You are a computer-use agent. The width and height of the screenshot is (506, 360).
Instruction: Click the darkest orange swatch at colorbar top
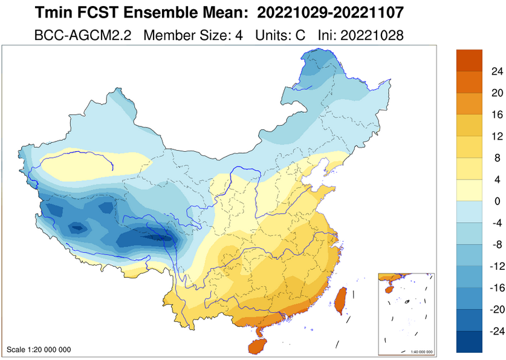pyautogui.click(x=469, y=60)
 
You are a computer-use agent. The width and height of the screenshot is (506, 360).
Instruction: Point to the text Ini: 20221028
pyautogui.click(x=360, y=35)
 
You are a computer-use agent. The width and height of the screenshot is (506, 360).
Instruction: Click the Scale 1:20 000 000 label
pyautogui.click(x=39, y=350)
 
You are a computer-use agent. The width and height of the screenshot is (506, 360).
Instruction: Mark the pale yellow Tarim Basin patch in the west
pyautogui.click(x=91, y=162)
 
